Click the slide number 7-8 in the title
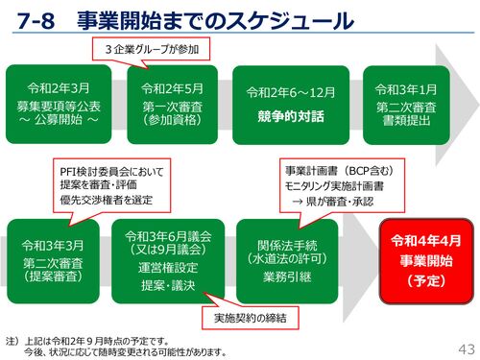(x=36, y=21)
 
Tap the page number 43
(x=467, y=349)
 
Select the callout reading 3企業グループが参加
(x=152, y=49)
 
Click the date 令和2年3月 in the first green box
(x=59, y=88)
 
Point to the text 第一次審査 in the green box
(x=173, y=107)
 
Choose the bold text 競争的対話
(x=291, y=116)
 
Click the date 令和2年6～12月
(x=291, y=92)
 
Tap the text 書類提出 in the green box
(x=406, y=121)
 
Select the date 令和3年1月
(x=406, y=89)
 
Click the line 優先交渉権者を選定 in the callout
(x=106, y=200)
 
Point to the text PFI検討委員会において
(x=111, y=172)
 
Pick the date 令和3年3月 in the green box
(x=53, y=246)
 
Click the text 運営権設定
(x=168, y=268)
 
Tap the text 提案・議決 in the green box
(x=168, y=285)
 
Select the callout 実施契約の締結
(x=251, y=318)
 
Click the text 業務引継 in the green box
(x=287, y=276)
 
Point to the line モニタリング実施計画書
(x=334, y=186)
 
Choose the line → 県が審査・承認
(x=333, y=202)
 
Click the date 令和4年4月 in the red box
(x=426, y=241)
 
